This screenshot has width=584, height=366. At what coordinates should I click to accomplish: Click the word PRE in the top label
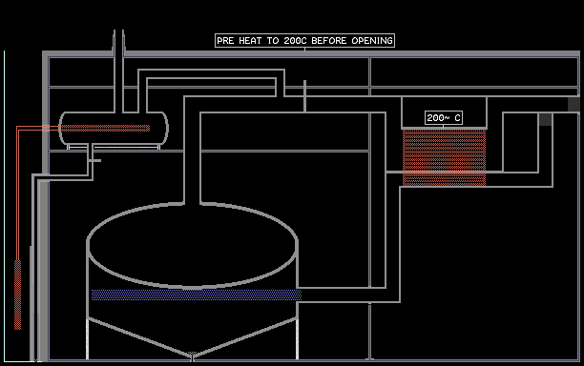pos(225,41)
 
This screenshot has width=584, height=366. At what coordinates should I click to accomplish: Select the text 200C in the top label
pos(295,41)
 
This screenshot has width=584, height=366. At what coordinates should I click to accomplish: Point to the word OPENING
pos(372,41)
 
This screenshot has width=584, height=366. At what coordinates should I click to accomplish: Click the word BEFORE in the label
pos(329,41)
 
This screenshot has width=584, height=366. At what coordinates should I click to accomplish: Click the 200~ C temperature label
pos(444,118)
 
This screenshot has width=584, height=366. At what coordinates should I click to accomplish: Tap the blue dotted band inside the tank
pos(196,295)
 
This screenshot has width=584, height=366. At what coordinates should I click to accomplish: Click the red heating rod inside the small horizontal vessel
pos(105,129)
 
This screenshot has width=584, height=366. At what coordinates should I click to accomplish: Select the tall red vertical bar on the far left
pos(17,295)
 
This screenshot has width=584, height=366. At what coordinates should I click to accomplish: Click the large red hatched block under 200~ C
pos(444,157)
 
